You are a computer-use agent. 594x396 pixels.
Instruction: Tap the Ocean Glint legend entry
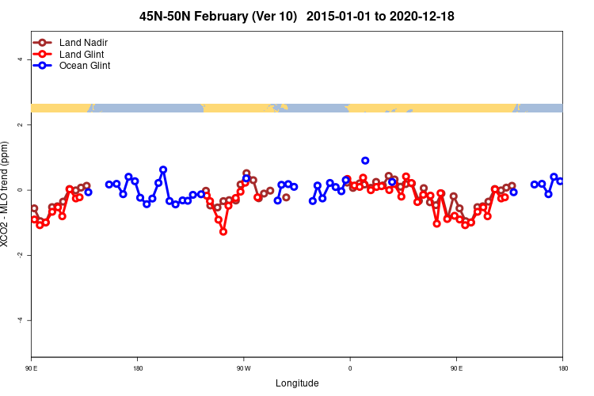click(x=84, y=66)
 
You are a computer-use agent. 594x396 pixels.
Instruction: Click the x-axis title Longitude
click(x=297, y=383)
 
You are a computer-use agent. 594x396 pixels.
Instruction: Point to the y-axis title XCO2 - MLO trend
click(x=6, y=194)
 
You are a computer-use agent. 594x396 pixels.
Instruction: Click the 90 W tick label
click(x=243, y=368)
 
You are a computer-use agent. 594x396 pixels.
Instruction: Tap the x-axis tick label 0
click(x=350, y=368)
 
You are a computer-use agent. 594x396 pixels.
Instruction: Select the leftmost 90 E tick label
click(x=31, y=368)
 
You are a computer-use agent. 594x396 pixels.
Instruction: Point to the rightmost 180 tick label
click(x=562, y=368)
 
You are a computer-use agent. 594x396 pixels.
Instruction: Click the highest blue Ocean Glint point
click(x=365, y=161)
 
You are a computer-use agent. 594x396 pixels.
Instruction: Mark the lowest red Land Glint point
click(x=223, y=231)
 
